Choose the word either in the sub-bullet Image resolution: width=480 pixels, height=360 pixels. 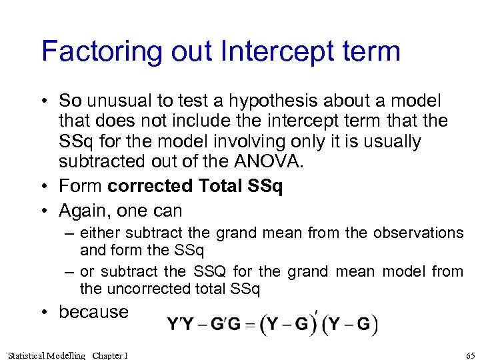coord(97,233)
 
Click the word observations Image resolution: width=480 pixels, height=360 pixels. coord(418,233)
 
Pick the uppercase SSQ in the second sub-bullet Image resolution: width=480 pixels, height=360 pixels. coord(211,272)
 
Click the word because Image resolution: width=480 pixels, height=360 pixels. coord(93,312)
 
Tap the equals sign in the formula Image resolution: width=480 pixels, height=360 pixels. coord(250,326)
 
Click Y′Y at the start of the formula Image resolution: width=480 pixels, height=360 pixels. coord(180,325)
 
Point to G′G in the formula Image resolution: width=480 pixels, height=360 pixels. coord(224,325)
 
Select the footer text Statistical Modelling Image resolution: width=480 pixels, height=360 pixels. coord(45,355)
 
